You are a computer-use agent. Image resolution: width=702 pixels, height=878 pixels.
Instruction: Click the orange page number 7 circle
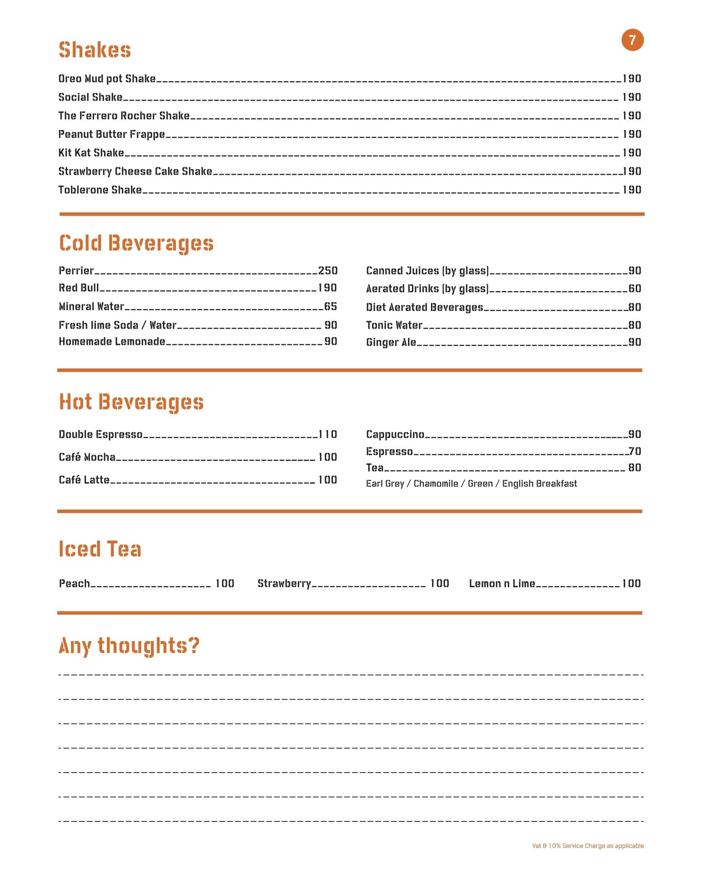632,40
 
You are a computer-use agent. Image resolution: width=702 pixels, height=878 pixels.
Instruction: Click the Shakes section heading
95,50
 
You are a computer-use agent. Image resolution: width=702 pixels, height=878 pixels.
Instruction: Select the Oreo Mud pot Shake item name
107,78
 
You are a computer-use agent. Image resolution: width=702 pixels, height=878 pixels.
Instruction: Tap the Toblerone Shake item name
100,190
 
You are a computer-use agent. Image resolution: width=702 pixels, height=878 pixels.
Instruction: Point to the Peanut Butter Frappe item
112,134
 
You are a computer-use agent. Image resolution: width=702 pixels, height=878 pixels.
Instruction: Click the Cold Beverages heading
136,243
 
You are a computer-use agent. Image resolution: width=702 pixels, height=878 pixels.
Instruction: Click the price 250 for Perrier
328,271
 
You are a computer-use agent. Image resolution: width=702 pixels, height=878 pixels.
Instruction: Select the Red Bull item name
78,288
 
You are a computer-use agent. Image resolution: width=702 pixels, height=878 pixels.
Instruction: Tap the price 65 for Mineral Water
330,306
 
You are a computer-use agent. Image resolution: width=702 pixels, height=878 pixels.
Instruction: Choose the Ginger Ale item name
391,342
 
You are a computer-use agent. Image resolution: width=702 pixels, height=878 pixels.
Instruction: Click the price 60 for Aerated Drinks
635,289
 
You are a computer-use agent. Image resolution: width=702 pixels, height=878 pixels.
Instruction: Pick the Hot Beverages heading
131,402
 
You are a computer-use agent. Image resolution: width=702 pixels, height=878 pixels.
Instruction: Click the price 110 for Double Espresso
328,435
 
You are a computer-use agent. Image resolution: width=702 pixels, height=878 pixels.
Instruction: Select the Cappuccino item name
395,435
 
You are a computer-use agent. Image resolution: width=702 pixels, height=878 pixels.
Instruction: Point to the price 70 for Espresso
635,451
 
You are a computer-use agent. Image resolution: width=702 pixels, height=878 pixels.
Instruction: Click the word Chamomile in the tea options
436,484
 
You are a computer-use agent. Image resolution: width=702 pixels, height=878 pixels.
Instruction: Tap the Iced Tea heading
100,549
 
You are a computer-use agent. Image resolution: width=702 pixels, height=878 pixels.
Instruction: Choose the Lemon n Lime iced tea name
502,583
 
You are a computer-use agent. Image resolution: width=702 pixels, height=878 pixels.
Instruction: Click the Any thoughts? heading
129,646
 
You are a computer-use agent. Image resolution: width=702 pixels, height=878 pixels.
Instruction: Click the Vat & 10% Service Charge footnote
588,846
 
